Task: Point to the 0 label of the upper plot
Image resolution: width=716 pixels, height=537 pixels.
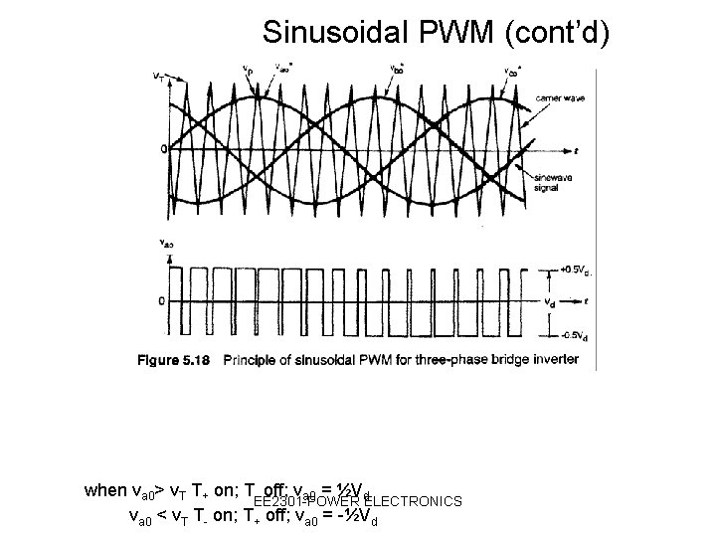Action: (163, 150)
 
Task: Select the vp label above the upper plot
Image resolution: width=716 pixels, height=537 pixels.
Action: (247, 71)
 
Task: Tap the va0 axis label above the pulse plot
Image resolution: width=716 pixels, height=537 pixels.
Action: (167, 243)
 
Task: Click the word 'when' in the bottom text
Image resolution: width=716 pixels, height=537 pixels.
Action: (105, 490)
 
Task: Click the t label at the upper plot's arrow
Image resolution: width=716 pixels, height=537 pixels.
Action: (575, 150)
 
